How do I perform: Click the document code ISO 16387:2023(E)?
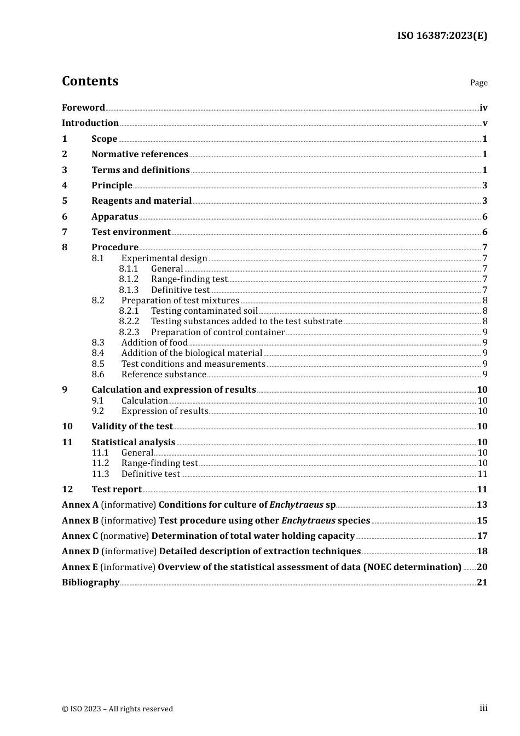pyautogui.click(x=442, y=36)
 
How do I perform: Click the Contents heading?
pyautogui.click(x=90, y=81)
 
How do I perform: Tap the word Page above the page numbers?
pyautogui.click(x=478, y=83)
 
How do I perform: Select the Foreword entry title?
pyautogui.click(x=83, y=108)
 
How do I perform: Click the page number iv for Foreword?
pyautogui.click(x=483, y=108)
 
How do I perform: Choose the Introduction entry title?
pyautogui.click(x=90, y=123)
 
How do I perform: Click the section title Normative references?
pyautogui.click(x=140, y=154)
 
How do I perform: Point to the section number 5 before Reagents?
pyautogui.click(x=65, y=201)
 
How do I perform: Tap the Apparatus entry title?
pyautogui.click(x=114, y=217)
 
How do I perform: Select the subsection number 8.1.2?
pyautogui.click(x=129, y=279)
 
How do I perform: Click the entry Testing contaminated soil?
pyautogui.click(x=204, y=311)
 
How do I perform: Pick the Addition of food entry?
pyautogui.click(x=154, y=343)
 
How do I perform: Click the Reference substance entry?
pyautogui.click(x=164, y=375)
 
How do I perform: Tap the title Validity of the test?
pyautogui.click(x=132, y=427)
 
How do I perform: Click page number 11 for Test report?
pyautogui.click(x=482, y=490)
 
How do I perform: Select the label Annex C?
pyautogui.click(x=80, y=536)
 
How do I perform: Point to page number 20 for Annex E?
pyautogui.click(x=482, y=567)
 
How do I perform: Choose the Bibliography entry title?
pyautogui.click(x=90, y=583)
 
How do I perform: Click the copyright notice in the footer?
pyautogui.click(x=117, y=709)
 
